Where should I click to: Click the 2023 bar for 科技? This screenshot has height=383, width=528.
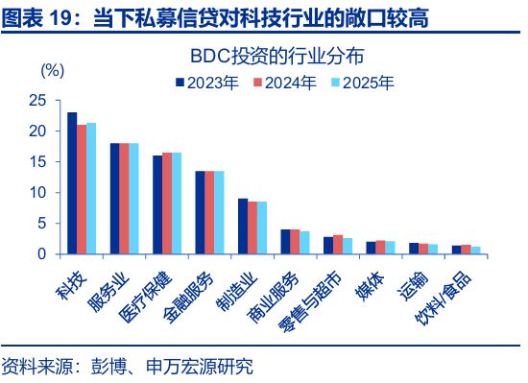point(72,183)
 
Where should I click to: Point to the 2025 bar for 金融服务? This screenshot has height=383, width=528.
point(219,212)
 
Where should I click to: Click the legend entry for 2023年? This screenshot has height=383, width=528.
point(208,83)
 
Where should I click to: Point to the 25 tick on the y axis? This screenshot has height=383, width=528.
point(39,100)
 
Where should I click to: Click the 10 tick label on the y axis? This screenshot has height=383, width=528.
point(39,192)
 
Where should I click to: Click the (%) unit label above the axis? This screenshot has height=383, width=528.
point(52,71)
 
